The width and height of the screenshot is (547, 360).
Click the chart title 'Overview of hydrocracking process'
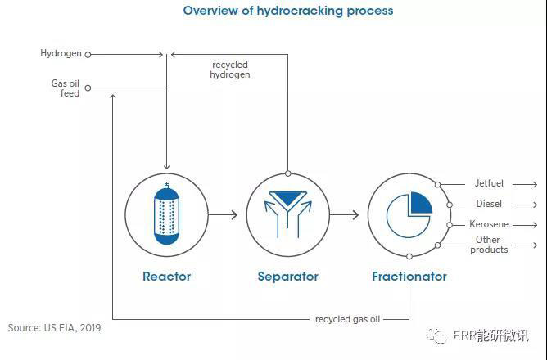tap(288, 11)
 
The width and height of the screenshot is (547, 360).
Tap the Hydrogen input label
tap(61, 54)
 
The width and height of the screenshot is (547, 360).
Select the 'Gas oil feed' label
tap(66, 88)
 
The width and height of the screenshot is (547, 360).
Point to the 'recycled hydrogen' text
tap(230, 70)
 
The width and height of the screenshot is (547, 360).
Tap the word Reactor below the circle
tap(166, 277)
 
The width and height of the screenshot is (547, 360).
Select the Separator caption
tap(287, 277)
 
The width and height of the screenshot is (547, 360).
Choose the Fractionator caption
tap(409, 277)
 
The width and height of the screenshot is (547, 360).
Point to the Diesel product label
tap(489, 204)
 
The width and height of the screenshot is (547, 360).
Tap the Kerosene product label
tap(490, 224)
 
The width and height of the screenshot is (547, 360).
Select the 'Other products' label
tap(489, 245)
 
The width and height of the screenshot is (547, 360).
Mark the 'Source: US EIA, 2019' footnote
tap(56, 328)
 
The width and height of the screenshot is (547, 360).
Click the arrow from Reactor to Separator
tap(223, 214)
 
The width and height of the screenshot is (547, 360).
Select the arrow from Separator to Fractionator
tap(344, 214)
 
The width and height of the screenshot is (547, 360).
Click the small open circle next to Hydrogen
tap(88, 55)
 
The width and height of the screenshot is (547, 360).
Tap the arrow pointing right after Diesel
tap(524, 205)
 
